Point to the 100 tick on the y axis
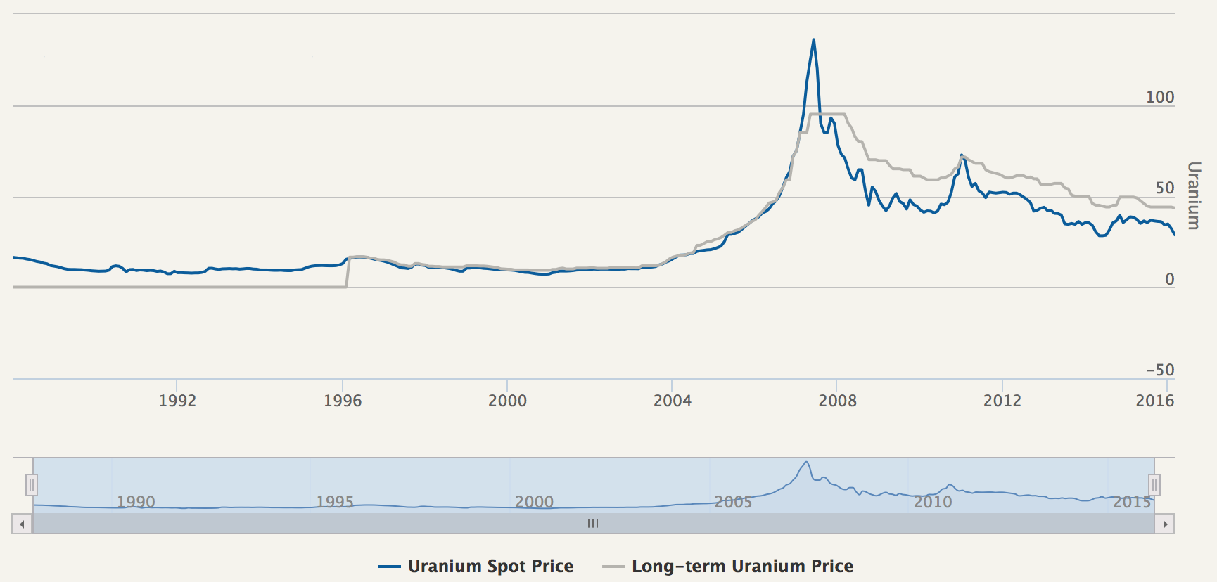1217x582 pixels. pos(1160,97)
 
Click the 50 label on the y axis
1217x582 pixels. pos(1165,188)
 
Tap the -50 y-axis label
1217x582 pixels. pos(1160,370)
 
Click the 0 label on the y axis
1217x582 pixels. pos(1169,279)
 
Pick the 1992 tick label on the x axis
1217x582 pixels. pos(177,401)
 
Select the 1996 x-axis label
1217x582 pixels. pos(343,401)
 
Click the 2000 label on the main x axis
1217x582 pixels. pos(507,401)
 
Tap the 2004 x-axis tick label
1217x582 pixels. pos(673,401)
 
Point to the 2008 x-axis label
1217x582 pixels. pos(837,401)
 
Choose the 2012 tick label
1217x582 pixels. pos(1002,401)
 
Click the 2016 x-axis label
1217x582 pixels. pos(1155,401)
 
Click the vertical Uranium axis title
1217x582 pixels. pos(1194,195)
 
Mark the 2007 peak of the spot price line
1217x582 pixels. pos(814,40)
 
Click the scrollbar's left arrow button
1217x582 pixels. pos(22,524)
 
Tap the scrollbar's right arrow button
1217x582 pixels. pos(1165,524)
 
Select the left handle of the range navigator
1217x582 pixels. pos(32,485)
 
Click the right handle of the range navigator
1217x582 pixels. pos(1154,485)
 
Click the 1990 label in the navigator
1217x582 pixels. pos(136,502)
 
